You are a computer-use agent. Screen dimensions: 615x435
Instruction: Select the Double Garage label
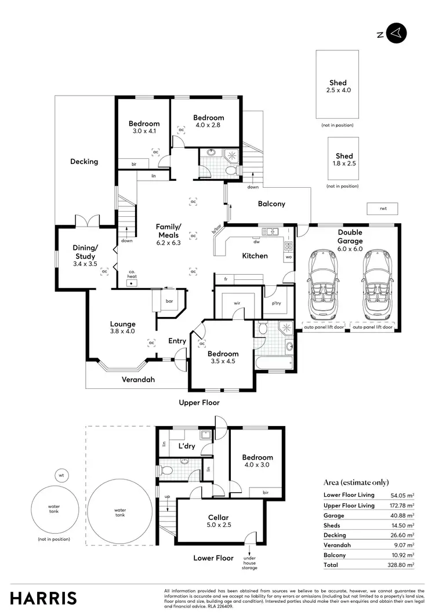[350, 236]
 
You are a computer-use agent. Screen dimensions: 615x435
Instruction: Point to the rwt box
[383, 208]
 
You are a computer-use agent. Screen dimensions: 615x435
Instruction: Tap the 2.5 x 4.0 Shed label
[338, 86]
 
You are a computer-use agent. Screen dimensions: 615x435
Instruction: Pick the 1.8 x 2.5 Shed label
[344, 159]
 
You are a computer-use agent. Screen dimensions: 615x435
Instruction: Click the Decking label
[84, 162]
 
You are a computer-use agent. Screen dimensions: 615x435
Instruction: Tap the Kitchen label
[255, 256]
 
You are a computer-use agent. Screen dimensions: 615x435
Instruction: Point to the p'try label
[273, 303]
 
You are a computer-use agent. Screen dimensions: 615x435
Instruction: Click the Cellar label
[219, 521]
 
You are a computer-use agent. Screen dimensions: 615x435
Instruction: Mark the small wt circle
[61, 475]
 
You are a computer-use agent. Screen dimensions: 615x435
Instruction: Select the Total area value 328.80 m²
[402, 565]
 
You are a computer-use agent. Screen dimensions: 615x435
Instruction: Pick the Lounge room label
[123, 327]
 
